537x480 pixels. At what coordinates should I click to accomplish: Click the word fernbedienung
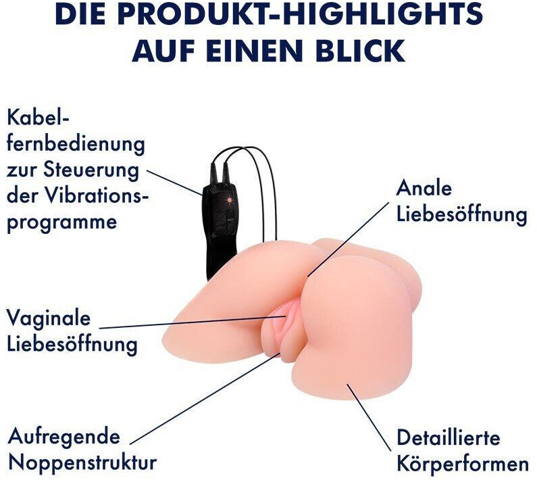pyautogui.click(x=76, y=145)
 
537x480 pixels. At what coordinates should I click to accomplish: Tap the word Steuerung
pyautogui.click(x=101, y=170)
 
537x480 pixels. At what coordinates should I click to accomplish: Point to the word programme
pyautogui.click(x=61, y=222)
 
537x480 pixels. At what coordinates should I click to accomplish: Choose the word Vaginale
pyautogui.click(x=49, y=318)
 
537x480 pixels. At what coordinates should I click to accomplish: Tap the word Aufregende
pyautogui.click(x=63, y=436)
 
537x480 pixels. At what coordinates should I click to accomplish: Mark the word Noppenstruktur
pyautogui.click(x=82, y=463)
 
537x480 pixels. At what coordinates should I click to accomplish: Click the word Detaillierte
pyautogui.click(x=449, y=437)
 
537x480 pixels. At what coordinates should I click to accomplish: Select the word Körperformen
pyautogui.click(x=462, y=464)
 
